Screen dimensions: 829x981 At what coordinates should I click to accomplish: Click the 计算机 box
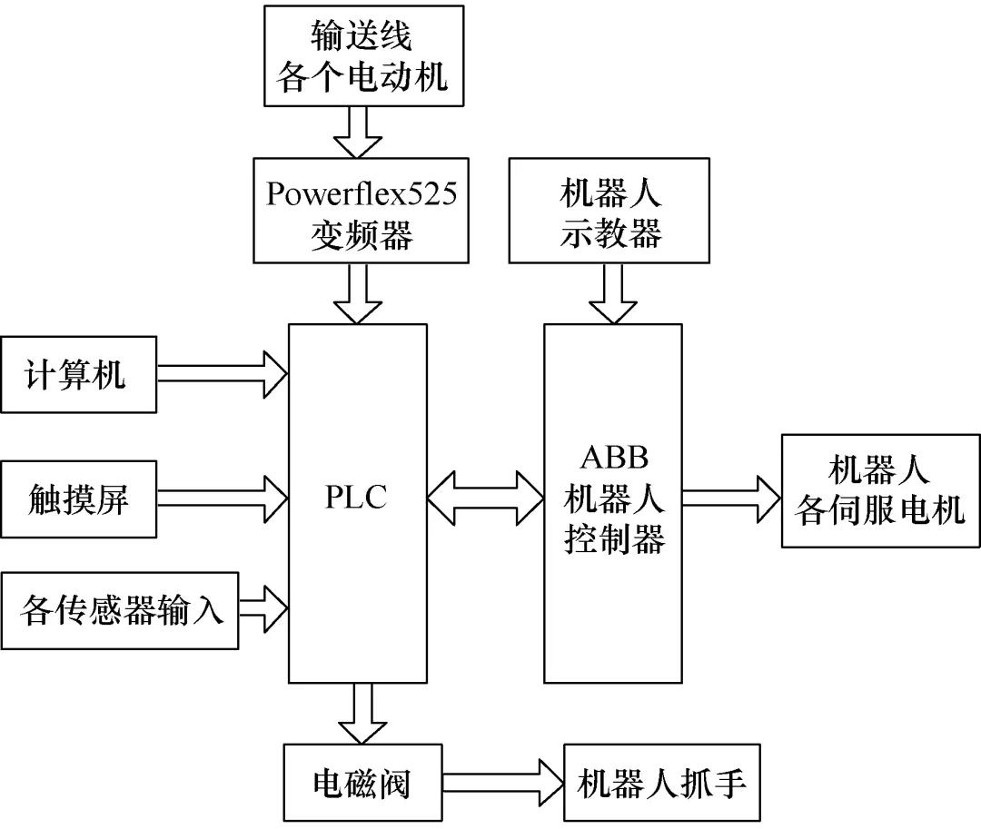(x=78, y=375)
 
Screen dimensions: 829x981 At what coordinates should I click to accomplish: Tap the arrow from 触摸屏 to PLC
(x=223, y=496)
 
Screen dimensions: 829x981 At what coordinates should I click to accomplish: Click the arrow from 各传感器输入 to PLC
(x=263, y=608)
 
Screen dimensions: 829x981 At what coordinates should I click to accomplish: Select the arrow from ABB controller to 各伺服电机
(x=730, y=497)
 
